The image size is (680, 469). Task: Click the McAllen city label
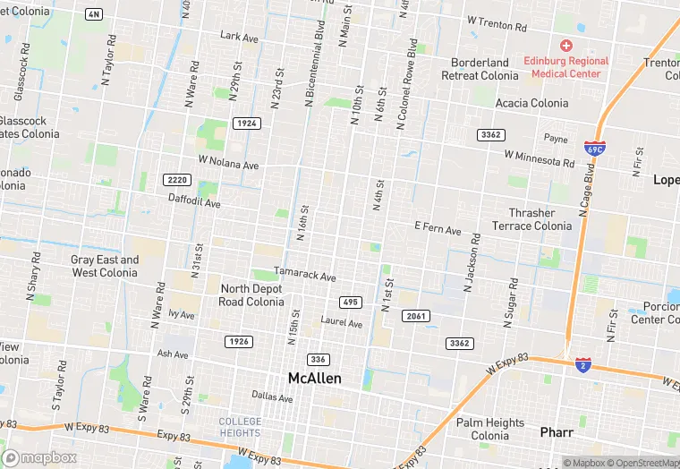click(314, 379)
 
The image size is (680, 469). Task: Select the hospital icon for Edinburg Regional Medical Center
click(565, 45)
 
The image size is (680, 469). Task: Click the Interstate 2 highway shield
click(582, 365)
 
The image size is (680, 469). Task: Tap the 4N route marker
click(93, 14)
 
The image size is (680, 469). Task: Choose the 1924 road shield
click(246, 123)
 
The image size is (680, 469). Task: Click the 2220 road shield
click(177, 180)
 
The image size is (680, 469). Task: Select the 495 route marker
click(350, 302)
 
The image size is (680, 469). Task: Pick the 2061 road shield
click(416, 316)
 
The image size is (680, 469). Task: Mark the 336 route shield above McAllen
click(318, 359)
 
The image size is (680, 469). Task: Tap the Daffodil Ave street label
click(194, 202)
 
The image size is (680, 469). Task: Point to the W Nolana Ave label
click(228, 164)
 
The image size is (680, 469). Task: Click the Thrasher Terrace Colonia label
click(531, 219)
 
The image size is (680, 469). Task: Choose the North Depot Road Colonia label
click(251, 294)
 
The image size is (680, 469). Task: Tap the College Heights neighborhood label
click(241, 427)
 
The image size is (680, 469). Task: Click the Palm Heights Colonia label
click(489, 429)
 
